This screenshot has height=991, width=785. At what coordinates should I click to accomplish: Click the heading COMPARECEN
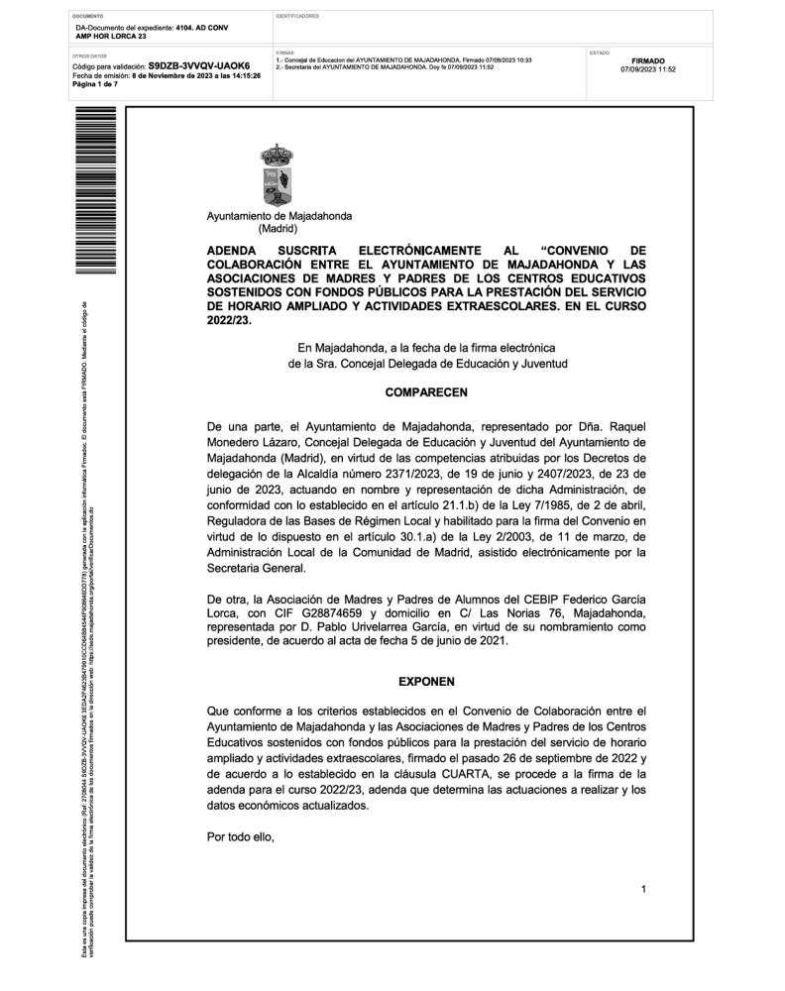tap(426, 393)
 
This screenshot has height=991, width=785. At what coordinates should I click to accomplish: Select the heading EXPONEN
tap(426, 683)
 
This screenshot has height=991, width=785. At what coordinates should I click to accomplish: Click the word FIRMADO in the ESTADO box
tap(647, 60)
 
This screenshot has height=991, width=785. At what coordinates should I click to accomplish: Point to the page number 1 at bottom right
tap(643, 889)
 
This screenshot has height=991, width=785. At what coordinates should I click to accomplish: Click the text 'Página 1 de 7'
tap(94, 85)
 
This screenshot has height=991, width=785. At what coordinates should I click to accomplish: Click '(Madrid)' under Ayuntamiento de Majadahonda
tap(279, 229)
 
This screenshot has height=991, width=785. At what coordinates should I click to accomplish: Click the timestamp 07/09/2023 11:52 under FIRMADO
tap(648, 70)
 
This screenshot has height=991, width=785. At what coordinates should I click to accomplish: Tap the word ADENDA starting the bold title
tap(231, 251)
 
